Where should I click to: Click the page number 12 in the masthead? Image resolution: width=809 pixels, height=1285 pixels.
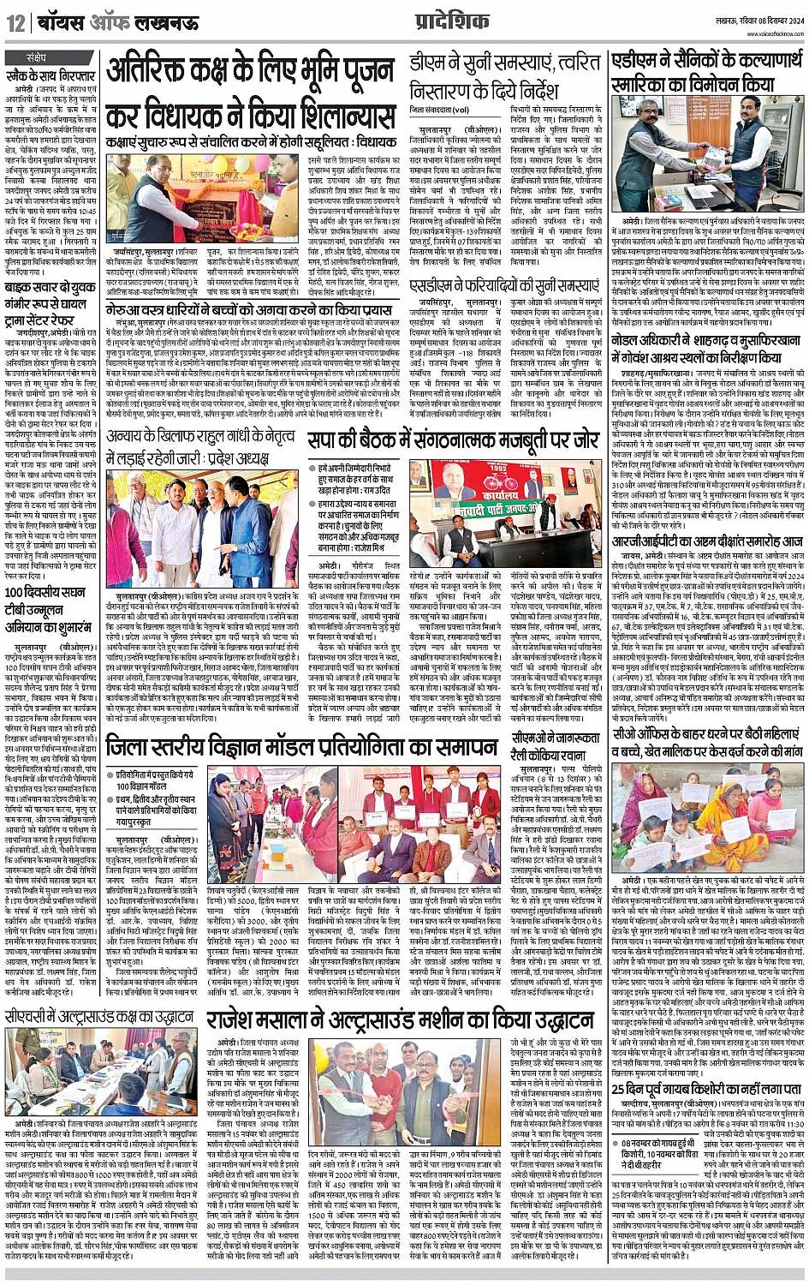(16, 24)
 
